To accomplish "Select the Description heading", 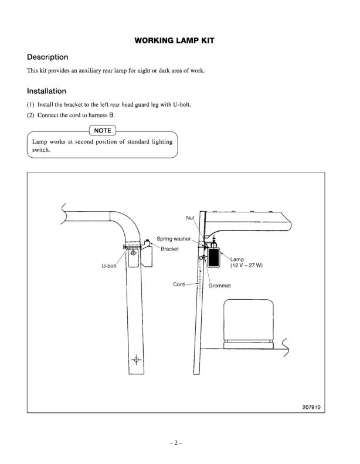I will coord(47,57).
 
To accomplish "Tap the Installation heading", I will coord(46,92).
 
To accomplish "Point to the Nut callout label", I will coord(190,218).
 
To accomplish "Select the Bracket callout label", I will coord(169,249).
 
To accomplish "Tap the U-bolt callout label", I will coord(110,265).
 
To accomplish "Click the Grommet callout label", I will coord(220,286).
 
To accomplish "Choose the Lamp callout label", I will coord(237,259).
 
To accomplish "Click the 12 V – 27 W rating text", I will coord(246,265).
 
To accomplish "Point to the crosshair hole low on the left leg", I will coord(136,359).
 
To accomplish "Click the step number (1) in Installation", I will coord(31,104).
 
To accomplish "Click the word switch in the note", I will coord(41,150).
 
